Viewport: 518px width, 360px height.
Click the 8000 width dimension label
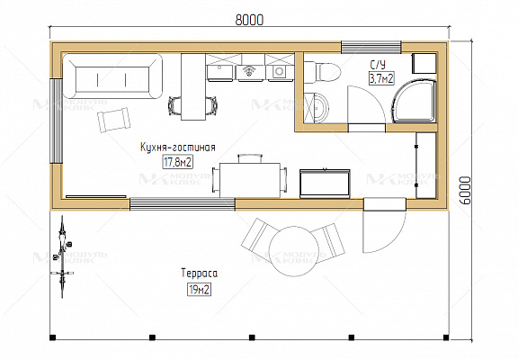pyautogui.click(x=249, y=20)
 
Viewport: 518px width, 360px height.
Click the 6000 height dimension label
pyautogui.click(x=464, y=191)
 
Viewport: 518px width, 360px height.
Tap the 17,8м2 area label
pyautogui.click(x=178, y=162)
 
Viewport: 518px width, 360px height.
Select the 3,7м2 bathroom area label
pyautogui.click(x=381, y=78)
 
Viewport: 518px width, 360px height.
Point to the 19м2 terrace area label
pyautogui.click(x=199, y=290)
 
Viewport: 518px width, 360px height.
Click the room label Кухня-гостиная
pyautogui.click(x=178, y=147)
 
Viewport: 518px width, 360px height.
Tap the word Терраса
pyautogui.click(x=200, y=274)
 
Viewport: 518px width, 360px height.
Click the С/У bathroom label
pyautogui.click(x=378, y=64)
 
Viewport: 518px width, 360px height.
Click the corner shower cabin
pyautogui.click(x=414, y=100)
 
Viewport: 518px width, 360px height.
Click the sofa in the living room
pyautogui.click(x=112, y=76)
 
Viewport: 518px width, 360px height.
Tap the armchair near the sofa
pyautogui.click(x=113, y=120)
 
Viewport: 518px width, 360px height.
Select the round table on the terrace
pyautogui.click(x=294, y=251)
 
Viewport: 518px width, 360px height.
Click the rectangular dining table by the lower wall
pyautogui.click(x=250, y=180)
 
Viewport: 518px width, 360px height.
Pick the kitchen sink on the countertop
pyautogui.click(x=219, y=73)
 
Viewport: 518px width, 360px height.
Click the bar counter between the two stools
pyautogui.click(x=193, y=87)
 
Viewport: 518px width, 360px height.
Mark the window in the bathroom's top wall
pyautogui.click(x=371, y=47)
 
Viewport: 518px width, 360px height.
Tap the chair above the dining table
pyautogui.click(x=250, y=158)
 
